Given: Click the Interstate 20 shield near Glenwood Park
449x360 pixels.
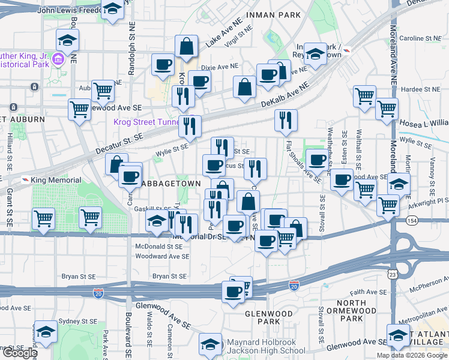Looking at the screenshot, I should click(x=294, y=285).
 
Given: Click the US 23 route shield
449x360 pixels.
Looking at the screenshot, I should click(x=392, y=274).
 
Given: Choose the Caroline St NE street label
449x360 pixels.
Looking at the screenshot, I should click(x=420, y=38).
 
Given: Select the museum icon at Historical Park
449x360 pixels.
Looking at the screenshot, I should click(x=59, y=59).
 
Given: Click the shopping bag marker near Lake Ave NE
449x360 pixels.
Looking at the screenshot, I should click(x=187, y=46).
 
